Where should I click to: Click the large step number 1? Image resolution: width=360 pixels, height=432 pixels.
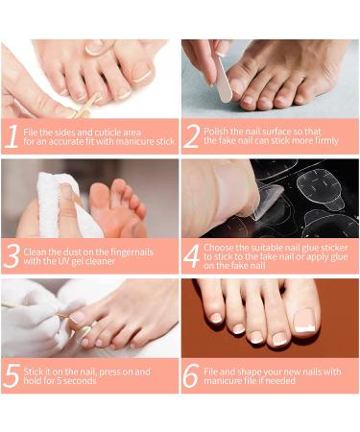[12, 136]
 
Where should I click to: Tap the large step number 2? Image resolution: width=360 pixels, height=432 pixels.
[192, 136]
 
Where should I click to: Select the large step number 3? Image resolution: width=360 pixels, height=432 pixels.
[12, 256]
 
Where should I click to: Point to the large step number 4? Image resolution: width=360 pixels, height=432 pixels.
[192, 256]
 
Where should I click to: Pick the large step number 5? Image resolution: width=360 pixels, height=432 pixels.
[12, 375]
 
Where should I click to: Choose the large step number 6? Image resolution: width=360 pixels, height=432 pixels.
[192, 375]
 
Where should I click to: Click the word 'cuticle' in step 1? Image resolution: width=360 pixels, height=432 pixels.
[103, 132]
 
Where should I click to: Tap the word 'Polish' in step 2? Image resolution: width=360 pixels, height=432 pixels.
[215, 132]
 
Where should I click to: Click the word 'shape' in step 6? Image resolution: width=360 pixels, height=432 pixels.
[250, 372]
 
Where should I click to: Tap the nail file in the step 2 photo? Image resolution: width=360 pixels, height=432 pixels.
[224, 79]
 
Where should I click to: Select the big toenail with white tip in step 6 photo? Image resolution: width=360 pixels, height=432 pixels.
[304, 322]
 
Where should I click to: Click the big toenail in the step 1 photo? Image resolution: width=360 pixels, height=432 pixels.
[142, 72]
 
